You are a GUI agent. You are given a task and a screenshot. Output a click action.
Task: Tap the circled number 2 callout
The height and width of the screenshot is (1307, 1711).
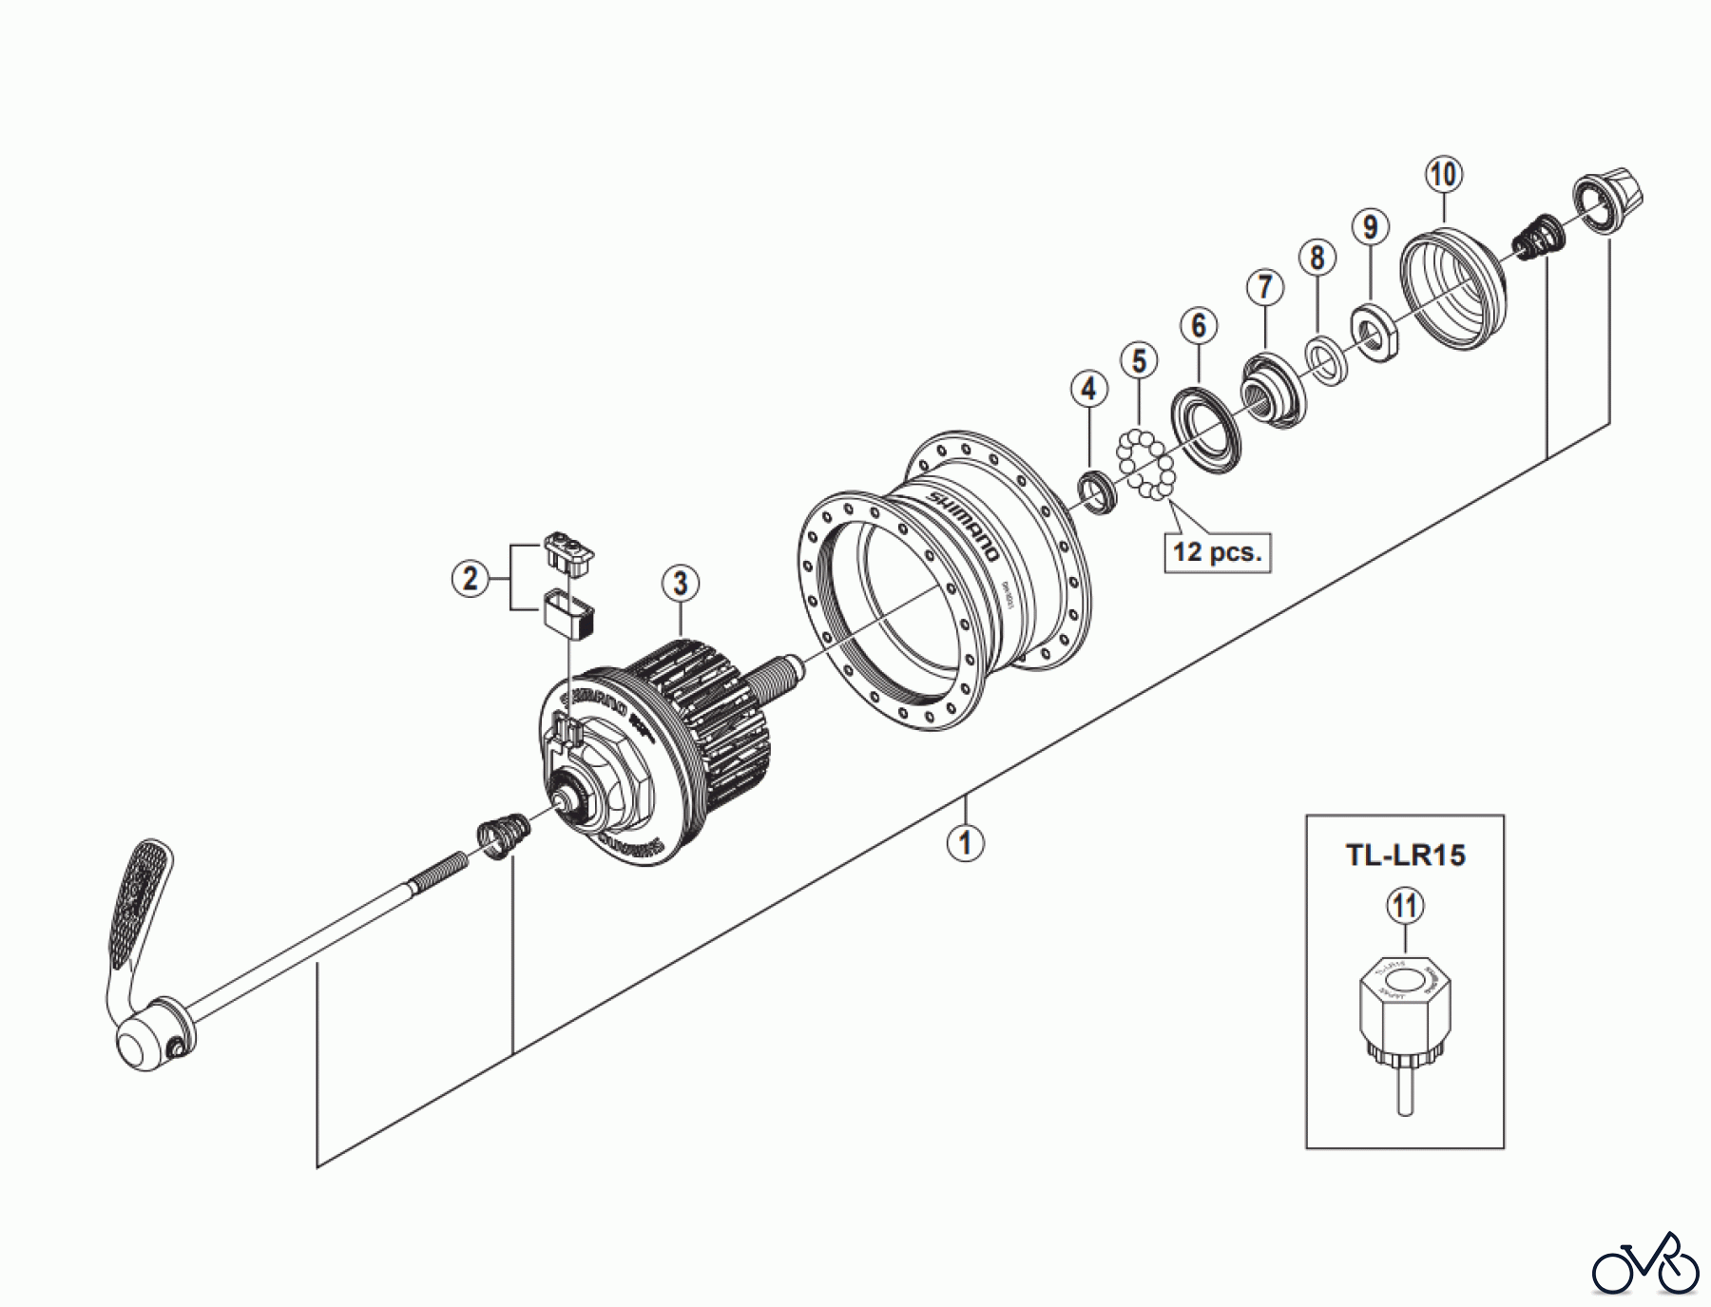tap(471, 577)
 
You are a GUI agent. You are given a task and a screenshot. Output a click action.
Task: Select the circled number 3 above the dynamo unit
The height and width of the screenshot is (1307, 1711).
tap(681, 583)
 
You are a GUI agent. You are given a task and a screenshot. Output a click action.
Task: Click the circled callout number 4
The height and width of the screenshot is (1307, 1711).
tap(1088, 388)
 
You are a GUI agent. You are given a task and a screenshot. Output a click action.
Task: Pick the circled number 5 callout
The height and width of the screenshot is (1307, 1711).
tap(1139, 360)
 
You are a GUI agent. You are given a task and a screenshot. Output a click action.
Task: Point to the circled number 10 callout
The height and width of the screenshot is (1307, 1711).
tap(1443, 174)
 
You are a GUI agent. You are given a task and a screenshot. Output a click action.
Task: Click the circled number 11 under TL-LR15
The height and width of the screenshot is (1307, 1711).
tap(1405, 906)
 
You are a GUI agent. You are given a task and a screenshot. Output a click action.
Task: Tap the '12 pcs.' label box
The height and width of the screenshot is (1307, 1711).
tap(1217, 552)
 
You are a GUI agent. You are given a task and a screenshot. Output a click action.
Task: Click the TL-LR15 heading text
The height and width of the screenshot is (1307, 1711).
tap(1405, 855)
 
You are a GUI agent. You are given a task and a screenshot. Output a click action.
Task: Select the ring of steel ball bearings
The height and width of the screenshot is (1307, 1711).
tap(1146, 464)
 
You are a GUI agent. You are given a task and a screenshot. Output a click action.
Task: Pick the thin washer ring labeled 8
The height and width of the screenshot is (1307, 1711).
tap(1322, 360)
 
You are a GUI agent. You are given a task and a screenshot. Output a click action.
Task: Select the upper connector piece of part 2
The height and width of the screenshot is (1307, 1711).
tap(568, 551)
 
